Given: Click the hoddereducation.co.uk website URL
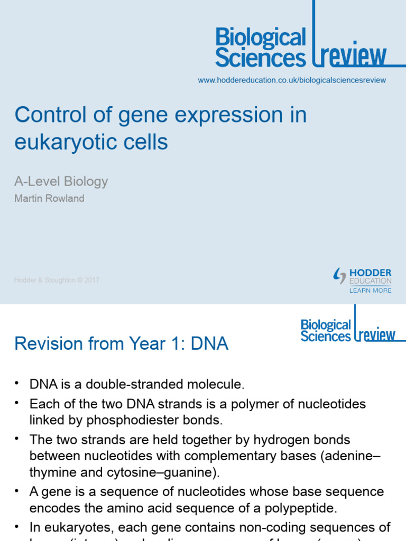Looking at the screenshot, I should coord(292,80).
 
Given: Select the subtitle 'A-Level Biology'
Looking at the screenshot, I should coord(61,182).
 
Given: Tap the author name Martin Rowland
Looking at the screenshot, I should coord(49,199).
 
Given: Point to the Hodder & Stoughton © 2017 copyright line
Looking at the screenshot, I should coord(57,280).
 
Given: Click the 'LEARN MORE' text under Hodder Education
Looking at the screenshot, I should coord(370,291).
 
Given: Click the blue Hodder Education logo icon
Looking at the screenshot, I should coord(339,276).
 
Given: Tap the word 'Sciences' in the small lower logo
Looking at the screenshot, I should coord(325,336).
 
